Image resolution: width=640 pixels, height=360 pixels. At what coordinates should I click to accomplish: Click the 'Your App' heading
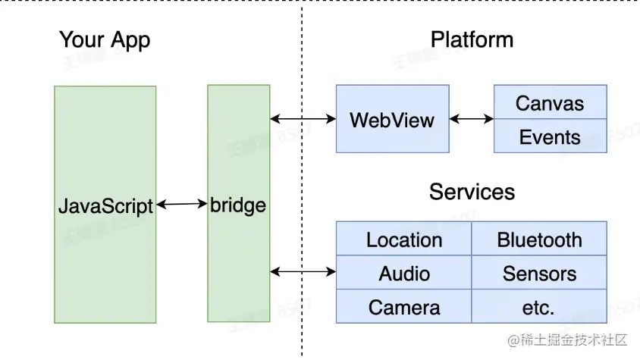[105, 40]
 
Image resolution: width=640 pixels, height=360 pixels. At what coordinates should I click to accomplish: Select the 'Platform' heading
[472, 40]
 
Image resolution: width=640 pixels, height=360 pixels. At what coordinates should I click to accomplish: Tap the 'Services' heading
[472, 192]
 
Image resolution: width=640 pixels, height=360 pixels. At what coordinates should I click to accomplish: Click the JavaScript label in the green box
[105, 205]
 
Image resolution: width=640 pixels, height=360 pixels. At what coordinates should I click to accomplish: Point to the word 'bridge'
[238, 205]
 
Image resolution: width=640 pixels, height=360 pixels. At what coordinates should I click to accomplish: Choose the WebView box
[392, 120]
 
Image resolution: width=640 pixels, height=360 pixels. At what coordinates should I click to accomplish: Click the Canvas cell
[550, 103]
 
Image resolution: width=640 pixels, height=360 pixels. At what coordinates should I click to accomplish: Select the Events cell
[550, 137]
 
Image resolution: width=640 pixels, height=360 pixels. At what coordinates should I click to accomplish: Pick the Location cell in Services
[404, 239]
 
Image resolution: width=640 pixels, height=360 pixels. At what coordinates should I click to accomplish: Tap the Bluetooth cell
[539, 239]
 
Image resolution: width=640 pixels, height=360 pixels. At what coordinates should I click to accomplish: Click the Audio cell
[404, 274]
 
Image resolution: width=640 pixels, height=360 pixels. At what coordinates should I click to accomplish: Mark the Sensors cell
[539, 274]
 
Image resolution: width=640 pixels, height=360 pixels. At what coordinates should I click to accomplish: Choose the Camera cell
[404, 307]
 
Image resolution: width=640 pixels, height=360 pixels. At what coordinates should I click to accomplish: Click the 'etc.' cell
[539, 307]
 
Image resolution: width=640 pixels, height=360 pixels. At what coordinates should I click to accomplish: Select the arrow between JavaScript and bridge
[182, 204]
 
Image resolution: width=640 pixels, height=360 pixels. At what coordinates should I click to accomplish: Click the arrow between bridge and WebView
[303, 119]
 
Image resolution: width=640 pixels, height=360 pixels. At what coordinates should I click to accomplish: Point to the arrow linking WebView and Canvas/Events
[471, 119]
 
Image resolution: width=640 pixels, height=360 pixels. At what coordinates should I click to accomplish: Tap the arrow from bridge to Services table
[303, 271]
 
